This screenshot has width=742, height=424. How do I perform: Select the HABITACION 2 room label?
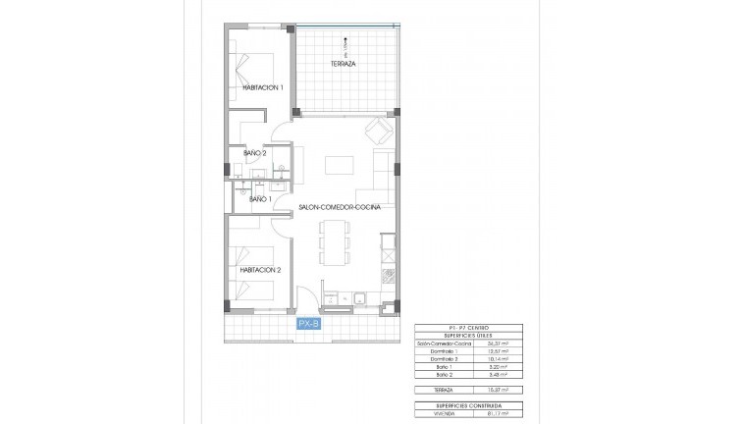pyautogui.click(x=261, y=270)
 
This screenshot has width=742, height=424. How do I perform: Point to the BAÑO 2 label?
pyautogui.click(x=255, y=152)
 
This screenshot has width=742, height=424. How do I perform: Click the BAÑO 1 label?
pyautogui.click(x=260, y=199)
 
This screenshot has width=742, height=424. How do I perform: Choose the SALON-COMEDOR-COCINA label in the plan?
pyautogui.click(x=340, y=208)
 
